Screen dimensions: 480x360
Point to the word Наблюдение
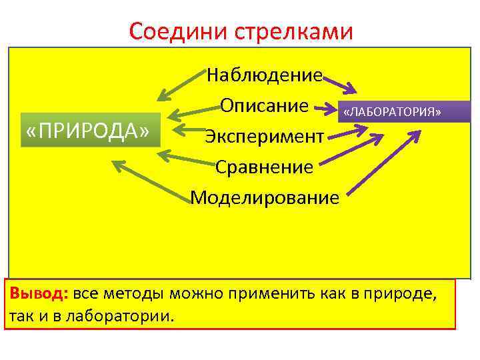(x=265, y=75)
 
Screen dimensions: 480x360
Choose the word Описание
(x=265, y=105)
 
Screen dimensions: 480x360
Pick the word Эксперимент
(x=265, y=136)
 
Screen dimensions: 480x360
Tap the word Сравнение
(x=264, y=167)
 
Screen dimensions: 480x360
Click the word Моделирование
(x=265, y=197)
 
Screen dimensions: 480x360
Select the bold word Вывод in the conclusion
(x=37, y=294)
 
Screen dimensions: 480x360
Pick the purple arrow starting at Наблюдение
(x=339, y=85)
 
